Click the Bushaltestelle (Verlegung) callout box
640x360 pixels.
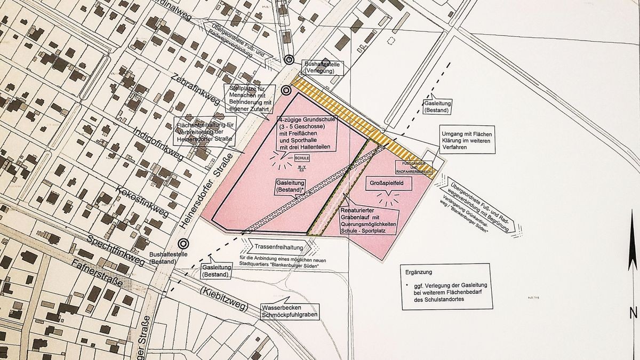(x=322, y=68)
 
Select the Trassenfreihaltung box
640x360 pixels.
(x=279, y=247)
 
